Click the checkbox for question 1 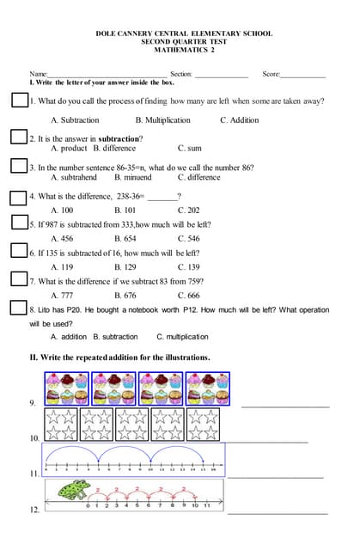click(20, 100)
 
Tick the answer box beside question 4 click(18, 198)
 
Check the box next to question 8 click(18, 308)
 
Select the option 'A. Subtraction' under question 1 click(75, 120)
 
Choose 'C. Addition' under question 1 click(239, 120)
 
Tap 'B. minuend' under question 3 click(132, 177)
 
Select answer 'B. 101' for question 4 click(125, 210)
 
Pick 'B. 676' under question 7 click(125, 295)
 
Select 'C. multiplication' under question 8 click(183, 337)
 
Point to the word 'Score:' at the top click(272, 75)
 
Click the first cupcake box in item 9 click(67, 388)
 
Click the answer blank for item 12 click(277, 513)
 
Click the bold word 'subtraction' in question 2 click(119, 138)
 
